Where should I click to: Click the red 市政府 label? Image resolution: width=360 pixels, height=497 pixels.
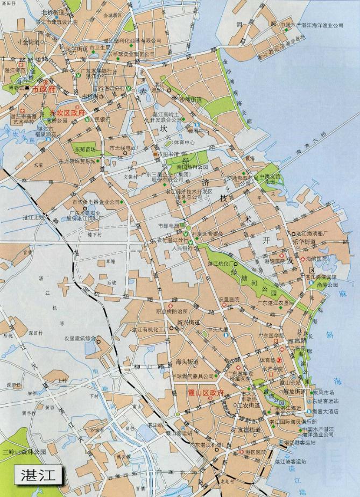pyautogui.click(x=44, y=89)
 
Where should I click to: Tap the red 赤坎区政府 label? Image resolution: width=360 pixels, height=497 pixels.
pyautogui.click(x=67, y=113)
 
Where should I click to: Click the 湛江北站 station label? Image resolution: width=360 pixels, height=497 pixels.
pyautogui.click(x=32, y=217)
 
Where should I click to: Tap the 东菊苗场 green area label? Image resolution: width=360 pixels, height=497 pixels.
pyautogui.click(x=84, y=149)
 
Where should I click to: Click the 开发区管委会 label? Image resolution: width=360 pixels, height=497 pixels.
pyautogui.click(x=207, y=233)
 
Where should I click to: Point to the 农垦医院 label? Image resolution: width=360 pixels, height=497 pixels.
pyautogui.click(x=228, y=299)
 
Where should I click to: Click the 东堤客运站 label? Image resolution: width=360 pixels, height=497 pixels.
pyautogui.click(x=325, y=402)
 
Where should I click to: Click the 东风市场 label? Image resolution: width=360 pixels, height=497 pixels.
pyautogui.click(x=328, y=392)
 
